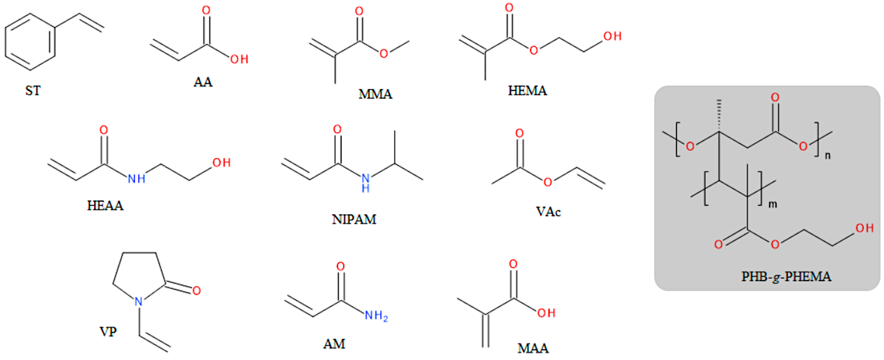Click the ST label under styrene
click(33, 91)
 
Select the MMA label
click(375, 94)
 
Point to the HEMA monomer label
click(527, 91)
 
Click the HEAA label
click(105, 206)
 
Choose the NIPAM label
click(354, 219)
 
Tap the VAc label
click(548, 212)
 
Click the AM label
click(334, 344)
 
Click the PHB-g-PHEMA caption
click(786, 276)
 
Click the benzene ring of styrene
click(30, 42)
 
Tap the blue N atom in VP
click(139, 302)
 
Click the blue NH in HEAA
click(136, 178)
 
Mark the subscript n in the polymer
click(827, 156)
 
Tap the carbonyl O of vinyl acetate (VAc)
click(520, 133)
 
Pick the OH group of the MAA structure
click(546, 313)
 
